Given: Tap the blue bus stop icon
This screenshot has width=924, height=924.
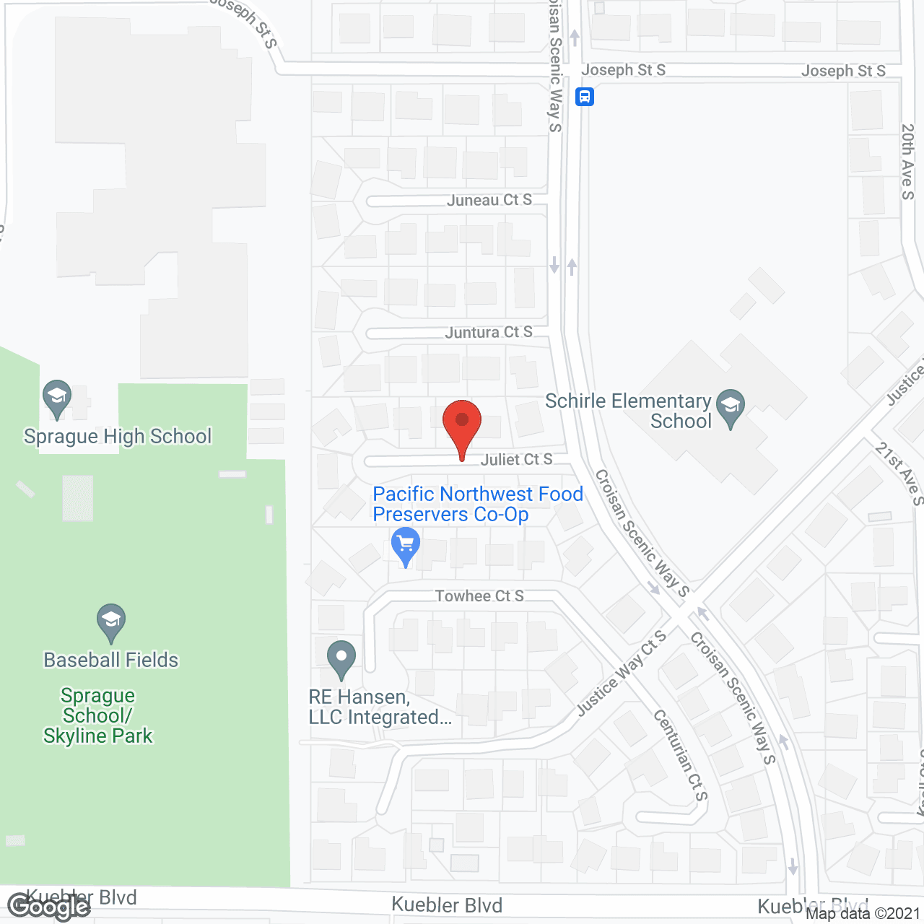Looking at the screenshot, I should click(585, 96).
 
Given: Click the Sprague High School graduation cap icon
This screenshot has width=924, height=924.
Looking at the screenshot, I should click(57, 397).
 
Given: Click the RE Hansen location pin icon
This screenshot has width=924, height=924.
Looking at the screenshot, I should click(341, 658).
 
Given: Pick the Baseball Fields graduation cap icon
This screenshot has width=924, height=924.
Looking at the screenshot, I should click(111, 621).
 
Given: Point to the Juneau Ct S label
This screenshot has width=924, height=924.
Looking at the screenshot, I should click(489, 200).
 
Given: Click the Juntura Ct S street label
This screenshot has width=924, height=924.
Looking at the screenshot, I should click(489, 332).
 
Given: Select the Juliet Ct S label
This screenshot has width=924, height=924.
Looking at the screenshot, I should click(516, 459).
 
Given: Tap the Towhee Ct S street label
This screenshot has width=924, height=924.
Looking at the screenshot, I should click(479, 596).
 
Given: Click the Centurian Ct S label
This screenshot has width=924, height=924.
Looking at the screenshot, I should click(681, 755).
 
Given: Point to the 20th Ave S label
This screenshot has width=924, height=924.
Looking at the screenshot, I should click(907, 162).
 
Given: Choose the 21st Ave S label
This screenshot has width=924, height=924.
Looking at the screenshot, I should click(899, 474).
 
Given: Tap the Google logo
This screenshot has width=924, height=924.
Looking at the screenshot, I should click(48, 907).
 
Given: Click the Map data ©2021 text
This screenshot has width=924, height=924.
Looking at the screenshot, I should click(863, 913).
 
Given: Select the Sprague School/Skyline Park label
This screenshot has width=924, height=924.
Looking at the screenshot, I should click(97, 715).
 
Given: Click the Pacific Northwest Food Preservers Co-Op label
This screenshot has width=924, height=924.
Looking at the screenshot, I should click(477, 504).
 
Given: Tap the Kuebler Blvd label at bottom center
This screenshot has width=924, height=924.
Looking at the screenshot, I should click(447, 905).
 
